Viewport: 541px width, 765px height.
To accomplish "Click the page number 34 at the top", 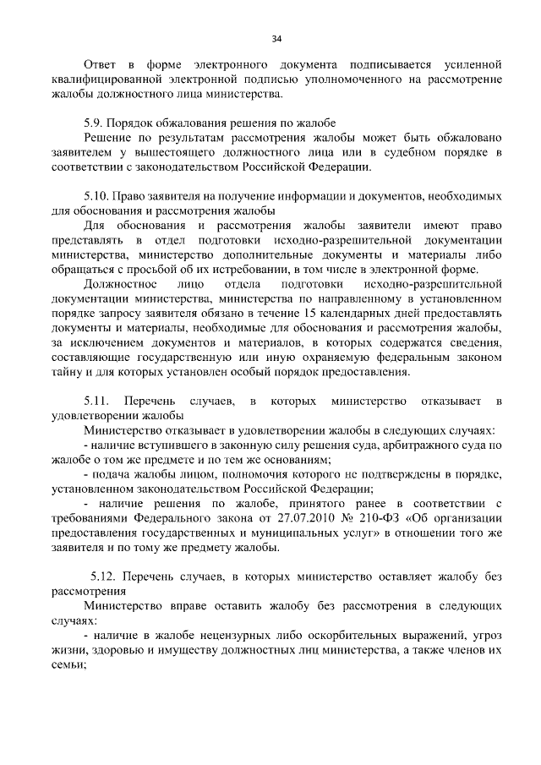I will click(276, 39).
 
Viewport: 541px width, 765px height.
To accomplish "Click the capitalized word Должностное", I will click(120, 283).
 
